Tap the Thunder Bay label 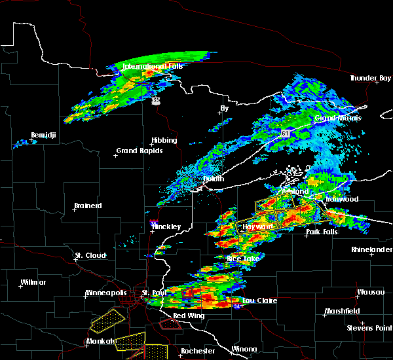click(x=370, y=78)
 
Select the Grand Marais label click(x=335, y=118)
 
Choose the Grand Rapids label click(x=139, y=151)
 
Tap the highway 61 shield click(x=285, y=133)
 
